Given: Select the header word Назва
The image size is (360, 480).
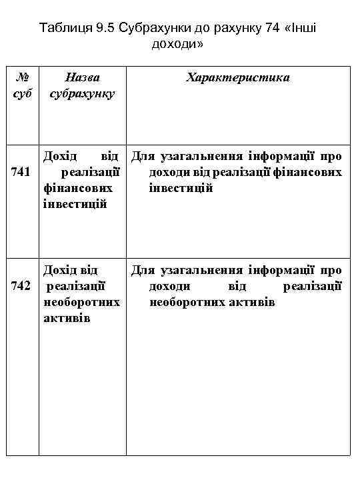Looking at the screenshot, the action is tap(82, 77).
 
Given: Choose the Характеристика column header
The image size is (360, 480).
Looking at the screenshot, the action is tap(238, 77).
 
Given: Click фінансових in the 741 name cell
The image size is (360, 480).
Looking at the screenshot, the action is tap(78, 189).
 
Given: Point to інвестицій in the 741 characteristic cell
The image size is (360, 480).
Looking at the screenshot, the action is tap(181, 189).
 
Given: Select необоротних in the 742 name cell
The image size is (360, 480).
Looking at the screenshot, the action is tap(81, 302).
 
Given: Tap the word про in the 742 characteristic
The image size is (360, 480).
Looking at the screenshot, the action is tap(331, 271).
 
